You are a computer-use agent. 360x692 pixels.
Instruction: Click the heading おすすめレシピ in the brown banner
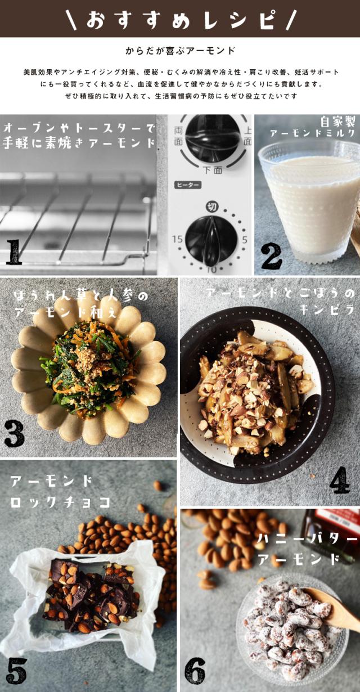pyautogui.click(x=181, y=20)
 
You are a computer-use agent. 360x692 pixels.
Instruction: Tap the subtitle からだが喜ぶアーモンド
pyautogui.click(x=181, y=51)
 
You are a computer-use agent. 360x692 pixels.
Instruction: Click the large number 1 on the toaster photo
pyautogui.click(x=14, y=252)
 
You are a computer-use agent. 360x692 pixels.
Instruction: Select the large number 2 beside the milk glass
pyautogui.click(x=271, y=257)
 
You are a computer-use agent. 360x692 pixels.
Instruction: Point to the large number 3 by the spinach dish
pyautogui.click(x=14, y=433)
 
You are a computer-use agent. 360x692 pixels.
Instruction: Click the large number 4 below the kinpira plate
pyautogui.click(x=340, y=480)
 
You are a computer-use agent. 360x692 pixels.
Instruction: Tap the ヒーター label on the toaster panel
pyautogui.click(x=188, y=185)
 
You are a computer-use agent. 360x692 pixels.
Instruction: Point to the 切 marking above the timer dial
pyautogui.click(x=212, y=206)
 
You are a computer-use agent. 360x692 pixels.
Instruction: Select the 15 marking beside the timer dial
pyautogui.click(x=178, y=239)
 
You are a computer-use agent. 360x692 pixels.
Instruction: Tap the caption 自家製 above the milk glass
pyautogui.click(x=337, y=122)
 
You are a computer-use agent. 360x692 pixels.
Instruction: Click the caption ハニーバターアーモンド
pyautogui.click(x=307, y=549)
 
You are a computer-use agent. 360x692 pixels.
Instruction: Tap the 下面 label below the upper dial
pyautogui.click(x=213, y=169)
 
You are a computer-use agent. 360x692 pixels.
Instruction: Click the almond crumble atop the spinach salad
pyautogui.click(x=89, y=358)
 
